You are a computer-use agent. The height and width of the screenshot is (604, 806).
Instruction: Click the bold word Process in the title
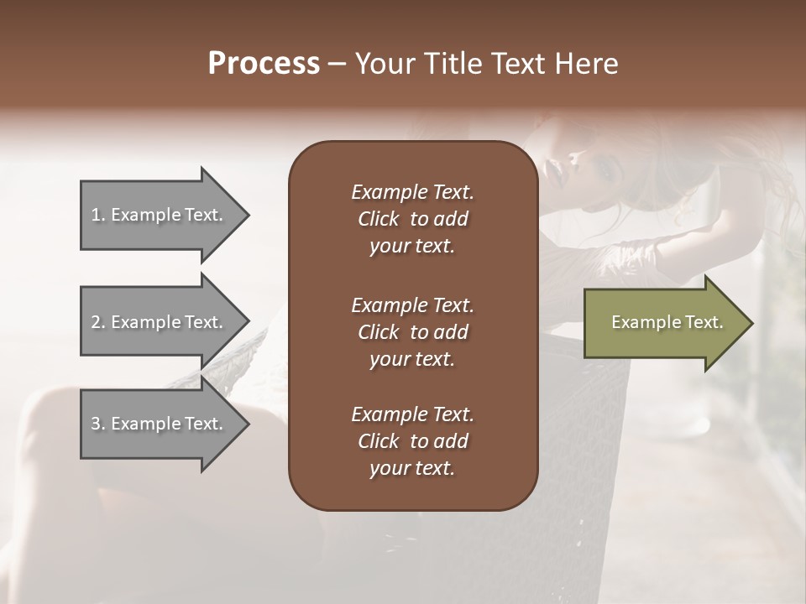pyautogui.click(x=264, y=64)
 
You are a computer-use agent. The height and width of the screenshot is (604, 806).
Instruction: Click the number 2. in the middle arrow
pyautogui.click(x=98, y=322)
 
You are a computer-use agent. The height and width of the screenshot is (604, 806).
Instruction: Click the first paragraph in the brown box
pyautogui.click(x=412, y=219)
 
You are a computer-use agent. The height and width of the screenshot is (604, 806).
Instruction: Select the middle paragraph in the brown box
pyautogui.click(x=412, y=332)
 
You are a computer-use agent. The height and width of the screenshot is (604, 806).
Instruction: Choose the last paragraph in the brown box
pyautogui.click(x=412, y=441)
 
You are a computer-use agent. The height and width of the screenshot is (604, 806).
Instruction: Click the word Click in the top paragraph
pyautogui.click(x=378, y=219)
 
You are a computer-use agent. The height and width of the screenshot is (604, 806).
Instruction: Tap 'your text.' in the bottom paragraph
pyautogui.click(x=412, y=468)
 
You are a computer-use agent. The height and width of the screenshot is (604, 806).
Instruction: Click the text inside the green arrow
pyautogui.click(x=667, y=322)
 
